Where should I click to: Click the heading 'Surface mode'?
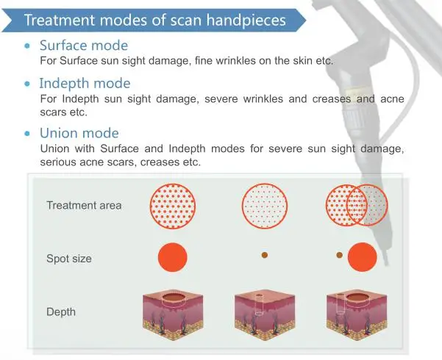(84, 46)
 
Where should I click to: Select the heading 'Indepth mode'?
(85, 83)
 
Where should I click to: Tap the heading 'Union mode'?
(79, 133)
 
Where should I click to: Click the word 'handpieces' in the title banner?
(246, 21)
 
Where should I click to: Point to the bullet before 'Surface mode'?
(27, 46)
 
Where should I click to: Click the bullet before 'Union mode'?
(27, 133)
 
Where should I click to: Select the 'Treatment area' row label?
(84, 206)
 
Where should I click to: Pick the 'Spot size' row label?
(69, 259)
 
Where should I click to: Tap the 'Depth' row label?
(61, 312)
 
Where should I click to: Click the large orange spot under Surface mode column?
(173, 257)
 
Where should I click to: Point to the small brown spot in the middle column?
(265, 255)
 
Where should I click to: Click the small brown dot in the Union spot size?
(339, 255)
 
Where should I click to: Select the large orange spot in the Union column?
(363, 257)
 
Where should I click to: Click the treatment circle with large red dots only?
(173, 206)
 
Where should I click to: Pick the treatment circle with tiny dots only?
(265, 206)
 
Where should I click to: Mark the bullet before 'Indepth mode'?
(27, 84)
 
